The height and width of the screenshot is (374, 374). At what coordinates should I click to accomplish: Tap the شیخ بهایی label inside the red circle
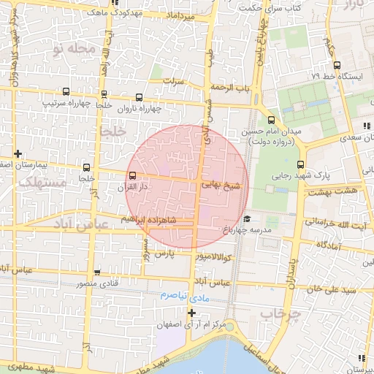220,186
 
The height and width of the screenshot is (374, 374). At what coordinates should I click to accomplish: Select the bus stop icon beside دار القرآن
132,175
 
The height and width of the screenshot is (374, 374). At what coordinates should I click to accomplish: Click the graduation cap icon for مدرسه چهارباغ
248,219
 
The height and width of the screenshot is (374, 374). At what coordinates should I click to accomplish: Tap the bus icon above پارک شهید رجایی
301,164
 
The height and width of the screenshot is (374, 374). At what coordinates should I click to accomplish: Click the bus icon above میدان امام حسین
271,120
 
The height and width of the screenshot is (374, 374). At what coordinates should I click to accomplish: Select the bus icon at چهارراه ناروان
139,97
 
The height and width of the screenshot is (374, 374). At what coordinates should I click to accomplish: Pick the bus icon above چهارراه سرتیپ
66,92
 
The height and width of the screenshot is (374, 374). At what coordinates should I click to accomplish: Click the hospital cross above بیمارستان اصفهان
18,153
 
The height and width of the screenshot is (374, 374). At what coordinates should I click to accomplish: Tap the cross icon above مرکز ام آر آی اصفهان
192,313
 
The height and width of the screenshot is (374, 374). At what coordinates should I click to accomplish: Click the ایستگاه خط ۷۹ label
337,75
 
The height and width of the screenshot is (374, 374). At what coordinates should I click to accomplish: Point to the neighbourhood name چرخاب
272,313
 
